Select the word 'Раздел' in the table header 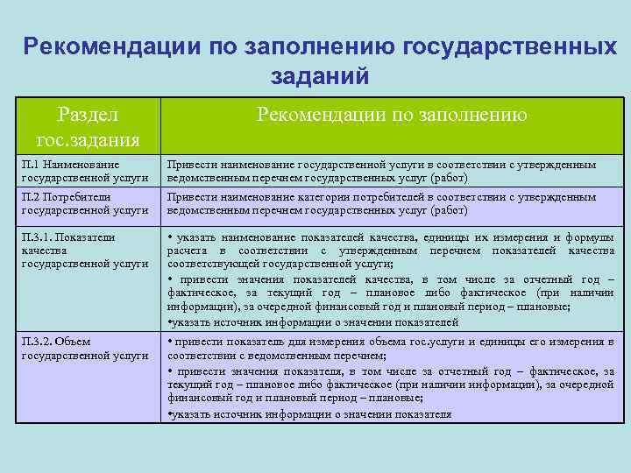88,114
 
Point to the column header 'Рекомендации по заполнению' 391,114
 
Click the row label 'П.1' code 32,164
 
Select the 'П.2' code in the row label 32,197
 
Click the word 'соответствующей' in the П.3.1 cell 210,264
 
